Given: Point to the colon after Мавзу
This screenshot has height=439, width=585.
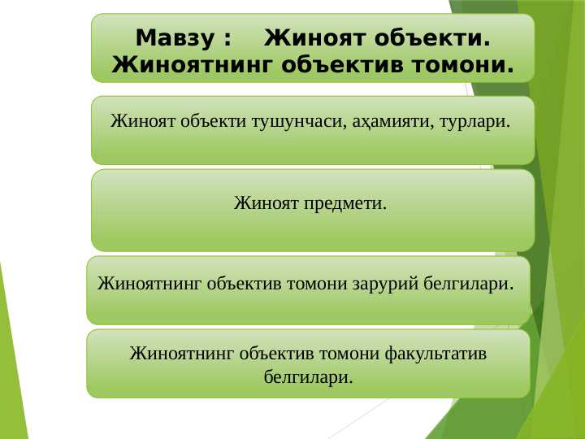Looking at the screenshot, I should point(226,38).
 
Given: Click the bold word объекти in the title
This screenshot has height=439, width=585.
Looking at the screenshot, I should point(432,37).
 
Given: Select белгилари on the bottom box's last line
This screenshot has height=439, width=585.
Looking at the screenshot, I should point(309,377).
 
